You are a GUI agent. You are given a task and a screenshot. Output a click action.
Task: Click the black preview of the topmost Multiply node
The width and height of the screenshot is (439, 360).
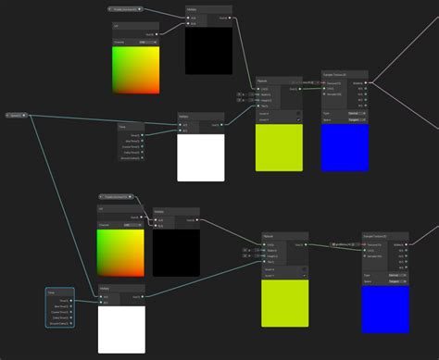coord(208,50)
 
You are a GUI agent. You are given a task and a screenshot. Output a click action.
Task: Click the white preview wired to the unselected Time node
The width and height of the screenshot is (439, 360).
coord(201,157)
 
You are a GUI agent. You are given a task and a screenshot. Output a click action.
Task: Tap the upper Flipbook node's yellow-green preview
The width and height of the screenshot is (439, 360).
coord(279,146)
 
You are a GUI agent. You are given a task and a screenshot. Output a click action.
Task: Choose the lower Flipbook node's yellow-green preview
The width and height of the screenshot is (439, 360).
coord(284,303)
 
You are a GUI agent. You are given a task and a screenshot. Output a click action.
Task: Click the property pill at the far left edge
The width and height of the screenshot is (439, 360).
coord(15,115)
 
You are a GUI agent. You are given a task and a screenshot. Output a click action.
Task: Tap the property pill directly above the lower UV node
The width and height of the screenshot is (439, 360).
coord(116,196)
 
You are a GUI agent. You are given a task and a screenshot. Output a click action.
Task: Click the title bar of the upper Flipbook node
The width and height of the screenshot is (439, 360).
coord(279,80)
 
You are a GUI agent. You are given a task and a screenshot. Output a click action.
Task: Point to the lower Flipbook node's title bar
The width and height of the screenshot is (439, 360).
coord(284,235)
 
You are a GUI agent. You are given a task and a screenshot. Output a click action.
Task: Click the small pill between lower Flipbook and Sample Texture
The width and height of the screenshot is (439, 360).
coord(345,244)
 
